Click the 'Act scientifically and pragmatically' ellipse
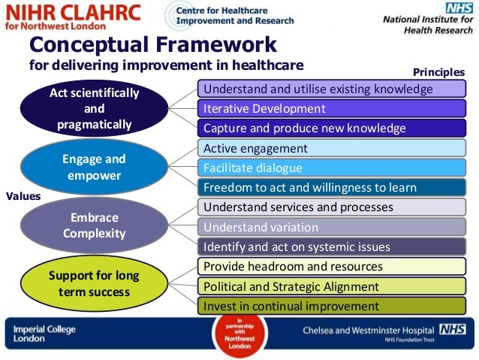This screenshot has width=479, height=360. [94, 107]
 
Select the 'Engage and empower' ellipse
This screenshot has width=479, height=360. [94, 167]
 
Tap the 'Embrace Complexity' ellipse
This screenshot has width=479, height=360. [94, 225]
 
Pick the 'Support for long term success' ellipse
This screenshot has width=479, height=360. [94, 283]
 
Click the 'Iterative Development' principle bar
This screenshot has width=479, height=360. [331, 108]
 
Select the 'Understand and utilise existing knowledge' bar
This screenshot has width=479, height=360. [331, 89]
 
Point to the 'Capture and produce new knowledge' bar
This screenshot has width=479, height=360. [331, 128]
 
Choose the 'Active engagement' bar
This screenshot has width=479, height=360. [331, 148]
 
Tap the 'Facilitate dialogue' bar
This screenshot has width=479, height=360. [331, 168]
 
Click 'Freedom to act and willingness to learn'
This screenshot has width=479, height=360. [331, 187]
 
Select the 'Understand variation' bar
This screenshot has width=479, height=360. [331, 227]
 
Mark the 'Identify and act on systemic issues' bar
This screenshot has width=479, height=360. [331, 247]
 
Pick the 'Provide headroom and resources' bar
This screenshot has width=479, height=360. [331, 266]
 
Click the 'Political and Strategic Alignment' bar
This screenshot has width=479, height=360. [331, 286]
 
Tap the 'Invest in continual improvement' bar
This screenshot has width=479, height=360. [331, 306]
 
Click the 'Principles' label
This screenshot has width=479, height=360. [438, 72]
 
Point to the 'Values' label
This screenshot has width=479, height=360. [23, 196]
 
